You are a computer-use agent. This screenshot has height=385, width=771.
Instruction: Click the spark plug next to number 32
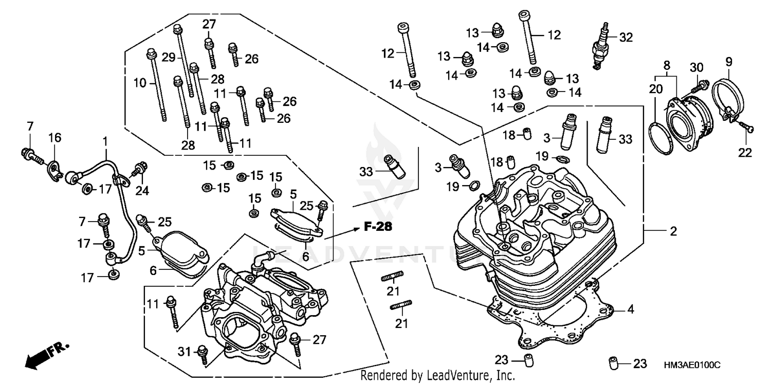pyautogui.click(x=600, y=46)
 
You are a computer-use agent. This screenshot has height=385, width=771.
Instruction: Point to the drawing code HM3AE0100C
pyautogui.click(x=692, y=364)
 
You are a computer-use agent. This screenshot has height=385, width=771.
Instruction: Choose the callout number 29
pyautogui.click(x=169, y=58)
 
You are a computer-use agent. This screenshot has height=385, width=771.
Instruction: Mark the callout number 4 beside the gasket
pyautogui.click(x=630, y=310)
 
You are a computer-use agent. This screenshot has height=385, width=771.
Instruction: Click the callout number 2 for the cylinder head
pyautogui.click(x=673, y=232)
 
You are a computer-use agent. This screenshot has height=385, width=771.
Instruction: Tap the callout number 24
pyautogui.click(x=142, y=191)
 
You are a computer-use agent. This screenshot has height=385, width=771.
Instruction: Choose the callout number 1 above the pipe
pyautogui.click(x=105, y=140)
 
